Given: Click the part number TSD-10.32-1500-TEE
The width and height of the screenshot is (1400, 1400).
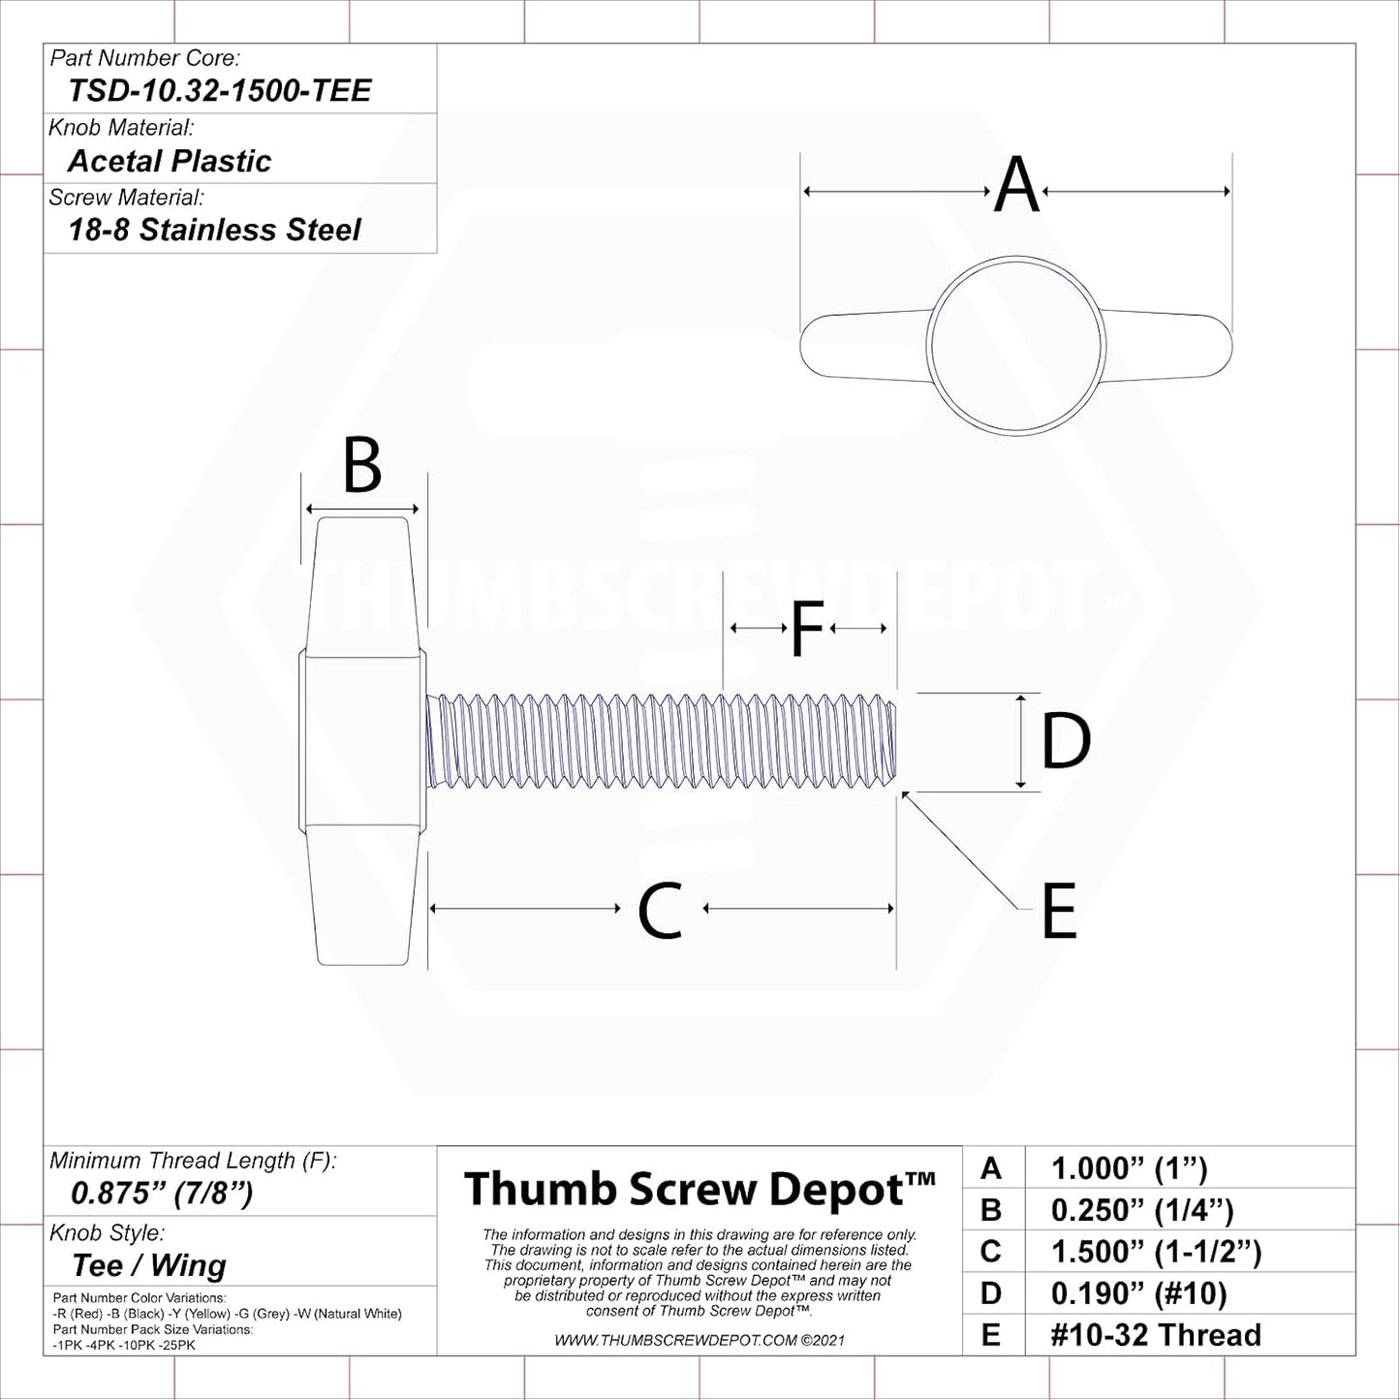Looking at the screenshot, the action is [x=219, y=91].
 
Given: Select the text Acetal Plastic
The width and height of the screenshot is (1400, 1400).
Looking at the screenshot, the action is [x=170, y=161].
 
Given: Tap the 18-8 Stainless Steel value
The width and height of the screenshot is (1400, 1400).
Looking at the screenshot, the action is [x=214, y=231].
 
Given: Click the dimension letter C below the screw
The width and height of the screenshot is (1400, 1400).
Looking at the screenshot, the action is [x=660, y=910].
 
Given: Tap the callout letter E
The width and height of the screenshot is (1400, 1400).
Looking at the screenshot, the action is [x=1059, y=911].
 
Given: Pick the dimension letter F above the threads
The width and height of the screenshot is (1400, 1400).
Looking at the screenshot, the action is [x=806, y=629].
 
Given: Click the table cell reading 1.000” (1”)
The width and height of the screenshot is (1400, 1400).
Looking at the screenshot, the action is [x=1129, y=1169].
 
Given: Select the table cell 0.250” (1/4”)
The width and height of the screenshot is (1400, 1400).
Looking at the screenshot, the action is [x=1142, y=1210].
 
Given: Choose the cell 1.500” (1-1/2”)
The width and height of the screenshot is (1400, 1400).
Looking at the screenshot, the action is [x=1156, y=1252].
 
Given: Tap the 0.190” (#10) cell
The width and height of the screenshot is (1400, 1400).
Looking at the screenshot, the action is [x=1138, y=1293].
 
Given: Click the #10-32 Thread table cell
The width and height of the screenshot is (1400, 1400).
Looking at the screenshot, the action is [x=1156, y=1335].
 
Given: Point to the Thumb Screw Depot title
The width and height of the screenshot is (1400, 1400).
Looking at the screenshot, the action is [x=700, y=1189].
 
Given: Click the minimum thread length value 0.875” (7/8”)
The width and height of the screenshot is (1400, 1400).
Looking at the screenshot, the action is [x=161, y=1193].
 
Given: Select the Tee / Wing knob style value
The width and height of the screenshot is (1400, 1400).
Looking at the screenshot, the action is [x=149, y=1265].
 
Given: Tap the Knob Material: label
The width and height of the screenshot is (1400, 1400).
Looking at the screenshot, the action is [x=121, y=128].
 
